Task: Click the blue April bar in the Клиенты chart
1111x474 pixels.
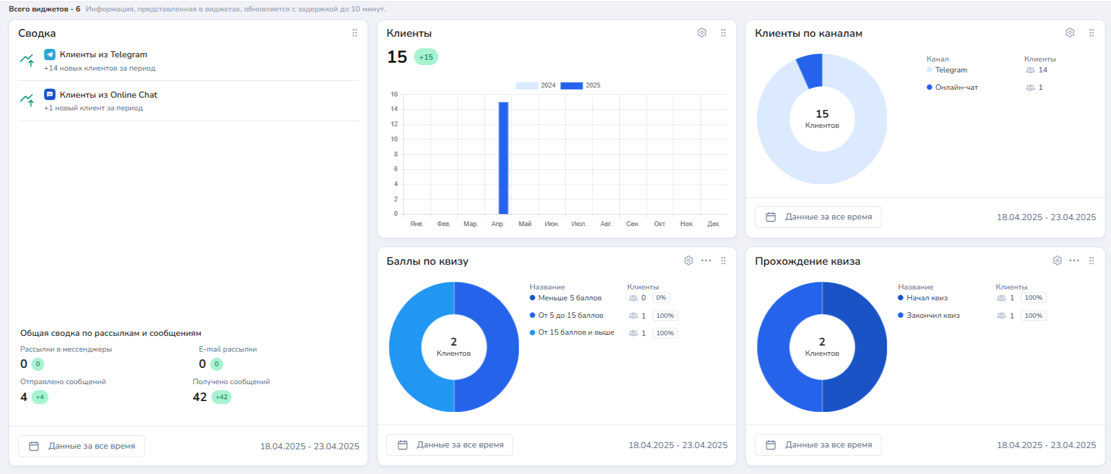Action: pos(503,158)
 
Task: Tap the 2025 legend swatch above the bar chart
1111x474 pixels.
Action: pos(571,86)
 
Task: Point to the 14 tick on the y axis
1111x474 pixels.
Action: pos(394,109)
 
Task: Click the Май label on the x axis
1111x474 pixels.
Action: pos(525,224)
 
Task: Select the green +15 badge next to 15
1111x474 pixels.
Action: pos(426,57)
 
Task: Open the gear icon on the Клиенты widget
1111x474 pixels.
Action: pos(702,33)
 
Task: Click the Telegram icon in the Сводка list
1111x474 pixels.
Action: pos(50,54)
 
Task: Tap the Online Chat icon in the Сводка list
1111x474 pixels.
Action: pos(50,95)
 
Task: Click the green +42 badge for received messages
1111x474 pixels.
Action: pos(222,397)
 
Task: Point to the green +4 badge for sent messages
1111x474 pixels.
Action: pos(40,397)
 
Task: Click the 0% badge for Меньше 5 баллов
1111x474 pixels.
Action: pos(661,298)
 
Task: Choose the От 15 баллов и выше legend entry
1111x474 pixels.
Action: pos(575,333)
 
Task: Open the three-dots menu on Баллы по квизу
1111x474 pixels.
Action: pos(706,261)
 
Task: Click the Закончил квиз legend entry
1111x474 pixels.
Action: pos(933,315)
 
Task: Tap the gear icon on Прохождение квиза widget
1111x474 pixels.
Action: pos(1057,261)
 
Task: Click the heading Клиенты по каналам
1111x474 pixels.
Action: pos(808,34)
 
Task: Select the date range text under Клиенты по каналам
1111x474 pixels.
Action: pos(1046,217)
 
